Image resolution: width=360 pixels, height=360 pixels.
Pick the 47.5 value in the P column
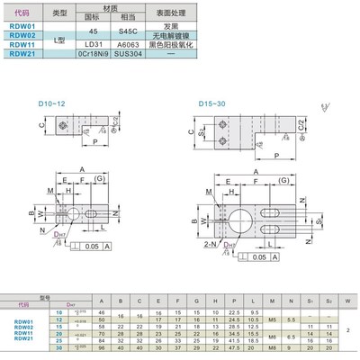[234, 347]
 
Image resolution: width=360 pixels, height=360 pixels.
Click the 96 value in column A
[101, 347]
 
